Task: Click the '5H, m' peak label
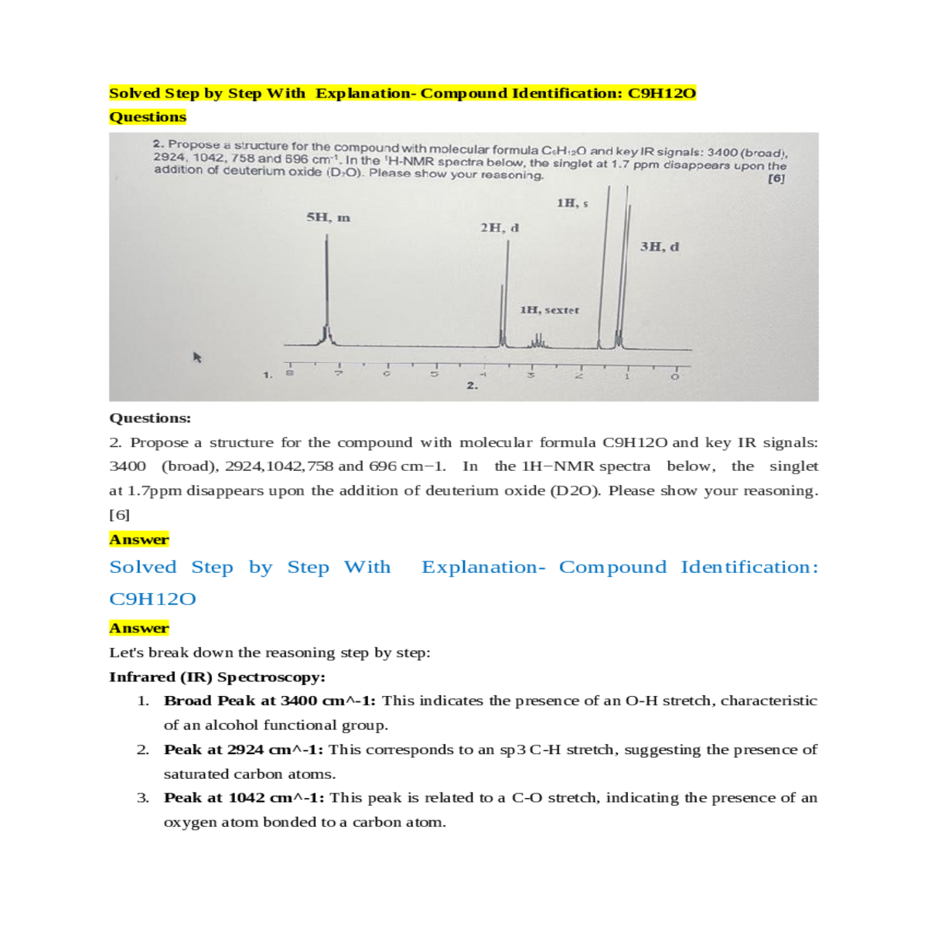(328, 218)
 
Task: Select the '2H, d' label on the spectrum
(500, 227)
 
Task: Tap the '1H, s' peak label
(572, 203)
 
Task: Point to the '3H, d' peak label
(660, 247)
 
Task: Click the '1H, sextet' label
(549, 310)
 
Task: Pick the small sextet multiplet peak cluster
(538, 340)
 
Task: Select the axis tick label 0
(674, 376)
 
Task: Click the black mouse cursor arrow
(197, 357)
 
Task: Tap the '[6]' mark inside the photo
(776, 179)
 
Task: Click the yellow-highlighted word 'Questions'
(148, 117)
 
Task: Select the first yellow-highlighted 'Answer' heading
(139, 540)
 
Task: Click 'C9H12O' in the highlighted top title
(662, 94)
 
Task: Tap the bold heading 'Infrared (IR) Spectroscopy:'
(217, 677)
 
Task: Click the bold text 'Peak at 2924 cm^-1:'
(244, 749)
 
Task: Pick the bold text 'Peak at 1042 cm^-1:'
(244, 797)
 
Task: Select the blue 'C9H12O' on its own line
(152, 599)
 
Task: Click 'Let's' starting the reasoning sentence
(126, 653)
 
